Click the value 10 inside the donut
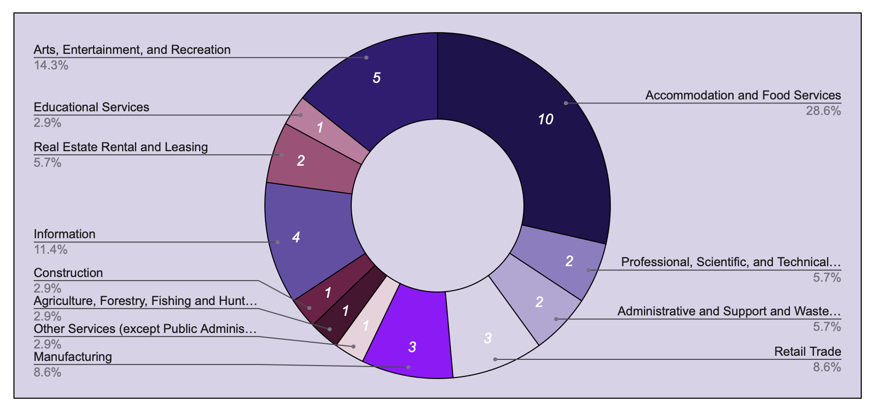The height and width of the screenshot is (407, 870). coord(545,120)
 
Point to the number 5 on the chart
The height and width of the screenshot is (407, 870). coord(377,78)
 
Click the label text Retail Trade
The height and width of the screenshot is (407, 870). coord(807,352)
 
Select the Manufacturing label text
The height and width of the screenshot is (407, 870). coord(72,357)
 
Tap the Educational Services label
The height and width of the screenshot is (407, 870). coord(91,107)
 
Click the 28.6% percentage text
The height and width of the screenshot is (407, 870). coord(823,111)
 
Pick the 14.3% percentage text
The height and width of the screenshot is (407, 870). coord(51,65)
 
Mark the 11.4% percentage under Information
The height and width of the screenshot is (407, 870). coord(51,250)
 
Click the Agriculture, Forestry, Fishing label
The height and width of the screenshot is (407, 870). coord(145,301)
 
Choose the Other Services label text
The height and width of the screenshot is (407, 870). coord(145,329)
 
